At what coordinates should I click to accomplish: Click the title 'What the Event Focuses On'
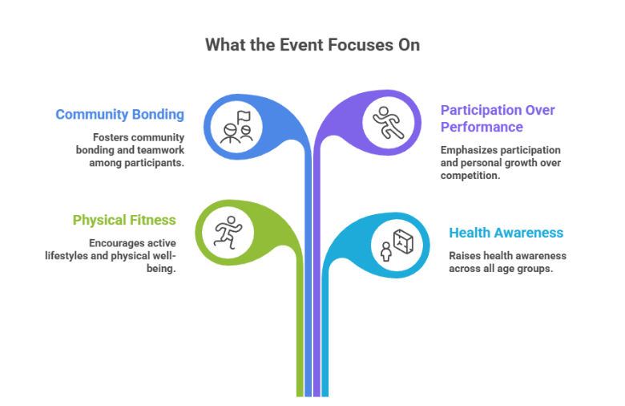pos(312,45)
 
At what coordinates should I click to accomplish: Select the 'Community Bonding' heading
pos(120,115)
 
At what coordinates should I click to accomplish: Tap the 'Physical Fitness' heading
pos(124,220)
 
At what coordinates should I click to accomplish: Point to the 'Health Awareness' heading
pos(506,233)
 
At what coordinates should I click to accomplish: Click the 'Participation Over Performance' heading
pos(498,119)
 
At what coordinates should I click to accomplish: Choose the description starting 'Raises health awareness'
pos(508,262)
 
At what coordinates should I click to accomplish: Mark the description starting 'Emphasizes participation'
pos(500,163)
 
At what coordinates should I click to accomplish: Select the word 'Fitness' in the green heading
pos(155,220)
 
